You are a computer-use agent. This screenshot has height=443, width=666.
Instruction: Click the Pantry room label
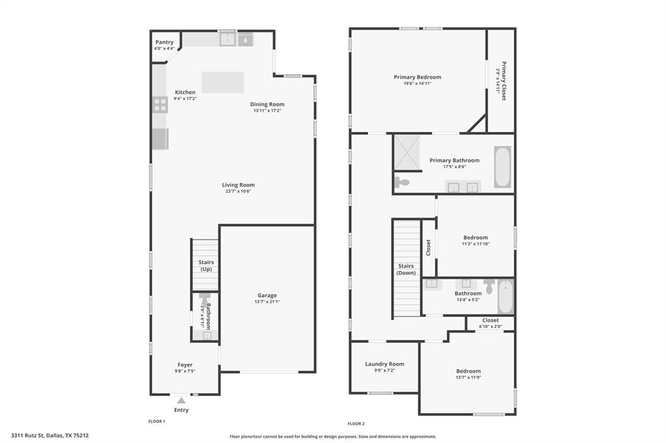[x=164, y=42]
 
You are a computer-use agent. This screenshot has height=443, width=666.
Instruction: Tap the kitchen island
[x=222, y=82]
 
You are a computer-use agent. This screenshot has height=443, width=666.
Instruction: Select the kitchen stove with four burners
[x=160, y=104]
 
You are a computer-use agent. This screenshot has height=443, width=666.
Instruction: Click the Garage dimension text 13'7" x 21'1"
[x=267, y=301]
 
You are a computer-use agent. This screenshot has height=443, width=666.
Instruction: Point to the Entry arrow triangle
[x=181, y=401]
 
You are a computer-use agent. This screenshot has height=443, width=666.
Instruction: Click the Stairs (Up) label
[x=206, y=266]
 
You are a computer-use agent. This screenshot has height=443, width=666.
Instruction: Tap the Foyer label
[x=185, y=364]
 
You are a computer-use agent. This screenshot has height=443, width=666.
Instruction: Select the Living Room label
[x=238, y=184]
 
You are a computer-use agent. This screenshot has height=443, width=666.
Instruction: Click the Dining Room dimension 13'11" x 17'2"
[x=267, y=110]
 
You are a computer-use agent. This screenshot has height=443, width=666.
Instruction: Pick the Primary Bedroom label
[x=417, y=77]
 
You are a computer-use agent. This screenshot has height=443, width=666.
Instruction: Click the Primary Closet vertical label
[x=503, y=81]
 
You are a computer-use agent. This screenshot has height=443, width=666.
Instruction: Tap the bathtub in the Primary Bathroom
[x=502, y=167]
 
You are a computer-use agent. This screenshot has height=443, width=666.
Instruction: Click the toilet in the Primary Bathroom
[x=402, y=183]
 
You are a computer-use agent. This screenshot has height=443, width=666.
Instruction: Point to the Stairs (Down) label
[x=406, y=270]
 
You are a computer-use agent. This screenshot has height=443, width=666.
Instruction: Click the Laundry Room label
[x=384, y=364]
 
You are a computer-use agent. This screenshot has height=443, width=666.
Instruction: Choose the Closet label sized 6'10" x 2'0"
[x=490, y=320]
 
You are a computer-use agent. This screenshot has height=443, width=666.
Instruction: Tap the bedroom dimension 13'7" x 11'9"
[x=468, y=378]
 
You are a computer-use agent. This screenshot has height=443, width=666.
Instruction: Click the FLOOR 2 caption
[x=356, y=424]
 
